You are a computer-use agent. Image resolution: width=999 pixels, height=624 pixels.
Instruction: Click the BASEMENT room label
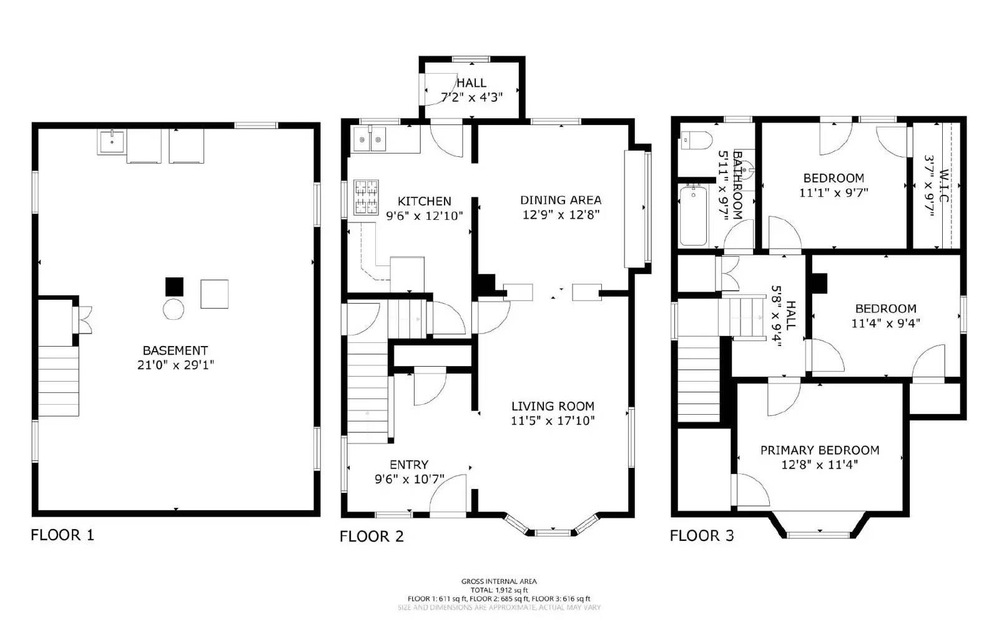(175, 350)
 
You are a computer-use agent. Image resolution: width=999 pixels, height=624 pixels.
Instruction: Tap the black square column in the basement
(174, 287)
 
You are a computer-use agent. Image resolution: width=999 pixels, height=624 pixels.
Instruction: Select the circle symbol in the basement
(174, 309)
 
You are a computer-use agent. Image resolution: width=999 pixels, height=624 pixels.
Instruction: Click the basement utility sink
(112, 142)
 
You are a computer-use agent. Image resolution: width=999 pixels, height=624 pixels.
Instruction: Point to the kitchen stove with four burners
(366, 197)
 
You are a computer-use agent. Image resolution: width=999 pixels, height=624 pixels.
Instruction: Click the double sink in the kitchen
(370, 139)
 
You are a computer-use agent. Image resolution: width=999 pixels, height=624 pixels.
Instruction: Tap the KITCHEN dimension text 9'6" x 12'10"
(425, 216)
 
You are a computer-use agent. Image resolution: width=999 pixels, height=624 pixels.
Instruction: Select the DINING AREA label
(561, 200)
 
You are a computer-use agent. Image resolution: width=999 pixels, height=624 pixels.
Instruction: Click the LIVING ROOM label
(553, 406)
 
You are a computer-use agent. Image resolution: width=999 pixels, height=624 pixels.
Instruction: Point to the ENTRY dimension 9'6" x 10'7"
(410, 480)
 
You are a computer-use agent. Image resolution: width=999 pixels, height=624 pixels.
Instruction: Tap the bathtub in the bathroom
(693, 215)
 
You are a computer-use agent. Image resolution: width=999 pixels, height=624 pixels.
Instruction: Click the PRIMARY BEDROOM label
(819, 450)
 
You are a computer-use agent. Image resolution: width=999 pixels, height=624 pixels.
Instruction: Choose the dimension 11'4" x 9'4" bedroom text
(885, 324)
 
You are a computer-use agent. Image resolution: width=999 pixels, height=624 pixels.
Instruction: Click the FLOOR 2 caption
(372, 536)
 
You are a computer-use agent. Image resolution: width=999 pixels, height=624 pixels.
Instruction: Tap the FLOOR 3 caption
(702, 535)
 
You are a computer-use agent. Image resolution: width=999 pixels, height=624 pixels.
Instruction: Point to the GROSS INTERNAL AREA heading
(499, 582)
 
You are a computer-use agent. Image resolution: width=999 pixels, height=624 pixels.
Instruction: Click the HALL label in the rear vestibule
(471, 83)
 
